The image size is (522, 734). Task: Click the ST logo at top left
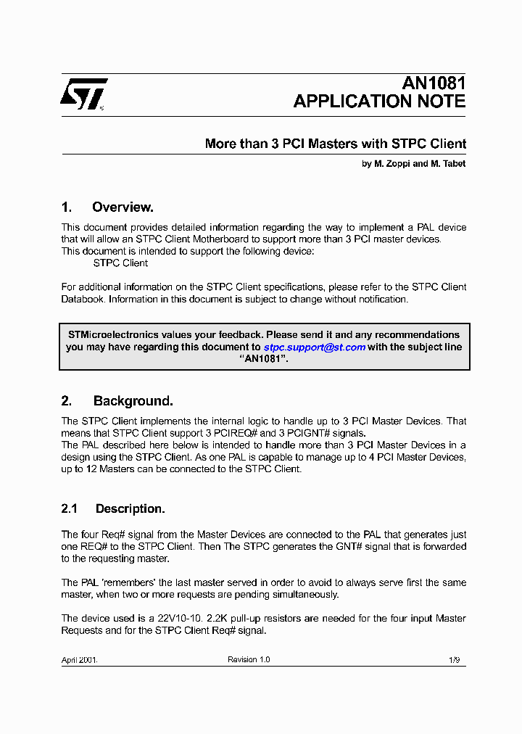click(83, 94)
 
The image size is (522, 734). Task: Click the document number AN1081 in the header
click(434, 83)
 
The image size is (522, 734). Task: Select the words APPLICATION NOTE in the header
click(379, 102)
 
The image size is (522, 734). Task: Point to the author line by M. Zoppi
click(413, 164)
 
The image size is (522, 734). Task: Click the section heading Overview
click(123, 207)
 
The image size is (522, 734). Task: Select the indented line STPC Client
click(120, 263)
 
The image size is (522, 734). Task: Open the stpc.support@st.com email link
click(314, 347)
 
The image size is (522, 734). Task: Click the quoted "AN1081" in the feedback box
click(264, 360)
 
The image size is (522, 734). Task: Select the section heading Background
click(133, 401)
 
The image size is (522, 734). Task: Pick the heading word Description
click(130, 509)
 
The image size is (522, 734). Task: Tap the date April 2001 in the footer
click(79, 659)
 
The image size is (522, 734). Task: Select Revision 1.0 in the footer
click(249, 659)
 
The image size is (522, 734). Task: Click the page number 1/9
click(454, 659)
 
